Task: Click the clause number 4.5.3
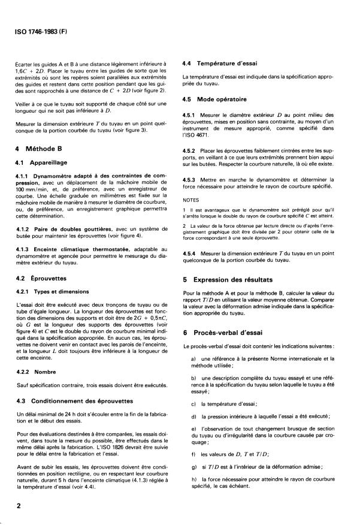pyautogui.click(x=190, y=179)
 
